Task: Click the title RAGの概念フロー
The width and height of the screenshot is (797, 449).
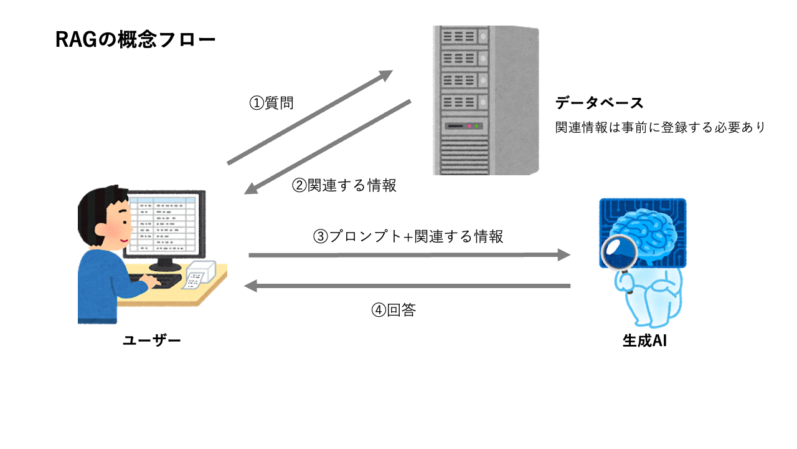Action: [x=135, y=41]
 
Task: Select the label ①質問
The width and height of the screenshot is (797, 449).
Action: [x=271, y=103]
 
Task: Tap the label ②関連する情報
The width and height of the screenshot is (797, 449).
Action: [x=344, y=185]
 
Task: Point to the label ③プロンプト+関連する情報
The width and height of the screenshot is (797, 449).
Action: [x=408, y=236]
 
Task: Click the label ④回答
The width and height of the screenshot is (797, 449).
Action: [x=394, y=310]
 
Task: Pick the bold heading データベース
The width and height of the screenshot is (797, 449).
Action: [x=599, y=103]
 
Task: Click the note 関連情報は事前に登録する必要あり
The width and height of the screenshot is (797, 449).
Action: [x=660, y=127]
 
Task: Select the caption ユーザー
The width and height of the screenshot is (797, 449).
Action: [x=152, y=340]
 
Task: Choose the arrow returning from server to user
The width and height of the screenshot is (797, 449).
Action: [x=327, y=147]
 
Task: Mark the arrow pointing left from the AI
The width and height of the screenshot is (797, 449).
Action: [x=407, y=286]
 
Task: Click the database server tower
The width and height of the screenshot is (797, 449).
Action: [x=485, y=100]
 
